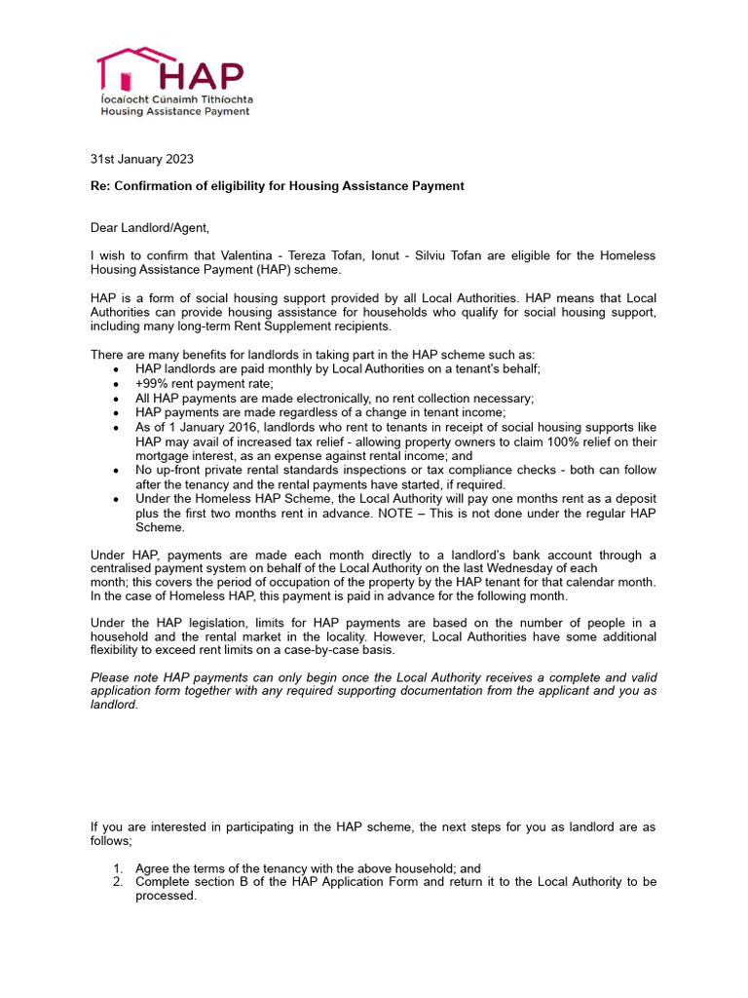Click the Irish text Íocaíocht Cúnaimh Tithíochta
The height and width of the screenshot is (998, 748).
pyautogui.click(x=175, y=99)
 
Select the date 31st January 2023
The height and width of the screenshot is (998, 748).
pyautogui.click(x=148, y=158)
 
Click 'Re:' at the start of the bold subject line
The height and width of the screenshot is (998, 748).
pyautogui.click(x=101, y=186)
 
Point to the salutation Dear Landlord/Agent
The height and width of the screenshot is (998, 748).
pyautogui.click(x=149, y=228)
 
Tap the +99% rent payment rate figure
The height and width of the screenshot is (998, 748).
pyautogui.click(x=151, y=384)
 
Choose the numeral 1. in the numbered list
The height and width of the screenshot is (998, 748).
pyautogui.click(x=118, y=867)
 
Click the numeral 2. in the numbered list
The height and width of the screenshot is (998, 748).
pyautogui.click(x=118, y=882)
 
